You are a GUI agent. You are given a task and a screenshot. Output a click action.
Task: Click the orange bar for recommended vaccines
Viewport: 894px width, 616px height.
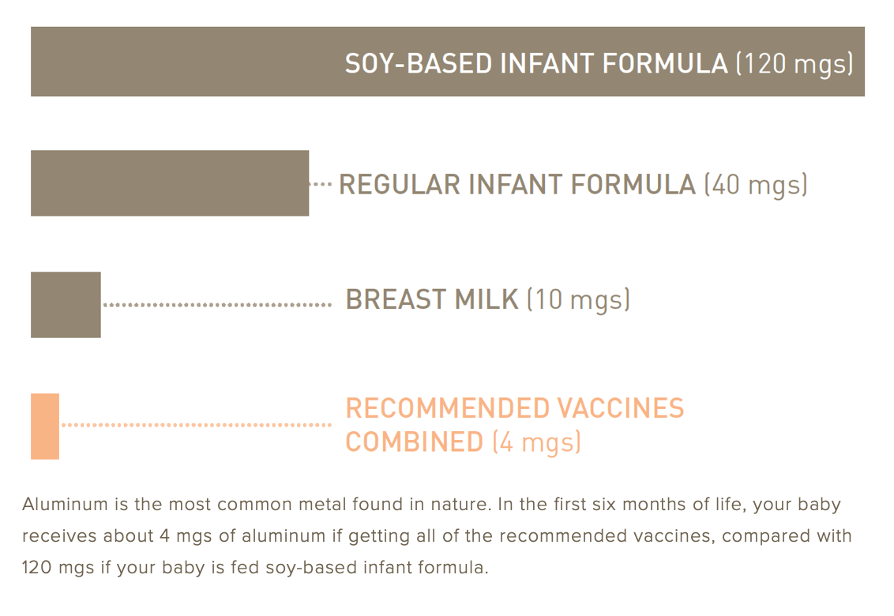click(x=45, y=426)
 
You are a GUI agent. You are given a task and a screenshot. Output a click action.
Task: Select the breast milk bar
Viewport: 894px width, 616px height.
click(x=66, y=304)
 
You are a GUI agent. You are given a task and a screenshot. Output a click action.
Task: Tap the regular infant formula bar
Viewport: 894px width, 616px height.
click(x=169, y=183)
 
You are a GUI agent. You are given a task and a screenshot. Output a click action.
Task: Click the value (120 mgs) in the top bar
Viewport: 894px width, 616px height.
click(x=794, y=63)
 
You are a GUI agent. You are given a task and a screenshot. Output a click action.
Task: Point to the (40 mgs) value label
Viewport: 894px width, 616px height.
click(x=756, y=185)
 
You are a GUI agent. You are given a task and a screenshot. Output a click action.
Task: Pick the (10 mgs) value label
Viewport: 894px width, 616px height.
click(x=578, y=300)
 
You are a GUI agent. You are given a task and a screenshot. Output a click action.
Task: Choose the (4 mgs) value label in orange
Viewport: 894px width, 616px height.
click(x=536, y=441)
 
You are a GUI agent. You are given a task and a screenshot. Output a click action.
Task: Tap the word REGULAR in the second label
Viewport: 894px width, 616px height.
click(x=399, y=185)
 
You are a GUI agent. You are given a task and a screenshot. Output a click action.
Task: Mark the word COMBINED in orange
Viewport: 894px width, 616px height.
click(x=414, y=441)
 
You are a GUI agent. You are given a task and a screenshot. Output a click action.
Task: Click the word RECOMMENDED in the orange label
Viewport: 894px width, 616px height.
click(x=447, y=408)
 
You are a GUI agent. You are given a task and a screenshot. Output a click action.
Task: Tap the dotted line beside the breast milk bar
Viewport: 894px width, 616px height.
click(x=217, y=304)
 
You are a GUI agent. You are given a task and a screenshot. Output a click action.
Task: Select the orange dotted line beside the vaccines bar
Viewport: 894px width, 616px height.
click(x=196, y=425)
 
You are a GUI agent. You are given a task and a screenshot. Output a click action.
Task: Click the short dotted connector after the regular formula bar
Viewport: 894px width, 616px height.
click(x=321, y=184)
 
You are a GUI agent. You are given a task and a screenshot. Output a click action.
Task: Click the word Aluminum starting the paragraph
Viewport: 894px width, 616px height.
click(x=57, y=505)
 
